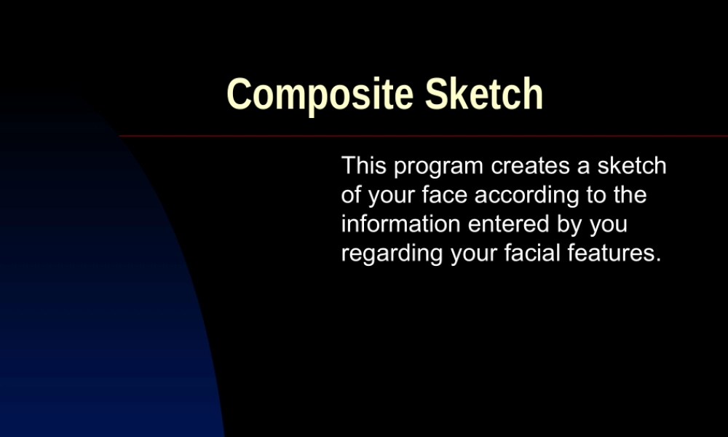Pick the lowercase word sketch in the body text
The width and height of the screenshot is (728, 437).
tap(632, 166)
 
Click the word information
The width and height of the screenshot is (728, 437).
tap(401, 224)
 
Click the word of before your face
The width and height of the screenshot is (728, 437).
tap(352, 195)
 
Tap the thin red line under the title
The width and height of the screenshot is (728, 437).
tap(422, 136)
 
